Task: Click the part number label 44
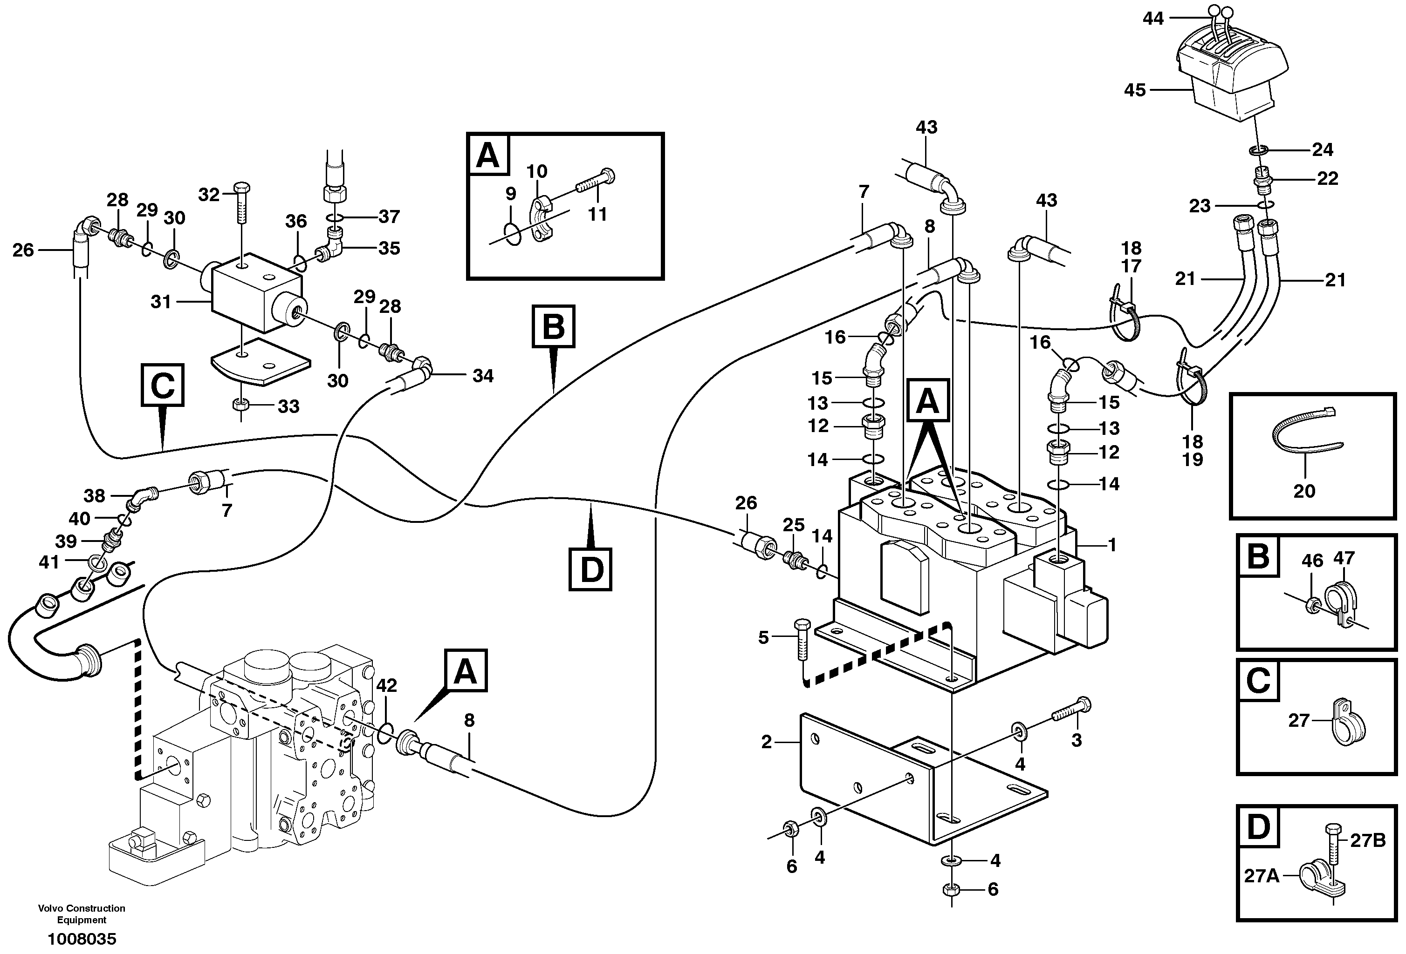(1152, 19)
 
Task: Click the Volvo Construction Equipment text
(82, 913)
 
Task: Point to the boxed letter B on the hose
(553, 326)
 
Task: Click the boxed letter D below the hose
(590, 569)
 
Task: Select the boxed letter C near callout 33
(162, 385)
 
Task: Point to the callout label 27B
(1367, 841)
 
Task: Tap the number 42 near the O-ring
(387, 685)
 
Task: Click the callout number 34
(483, 376)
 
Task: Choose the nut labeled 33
(241, 405)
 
